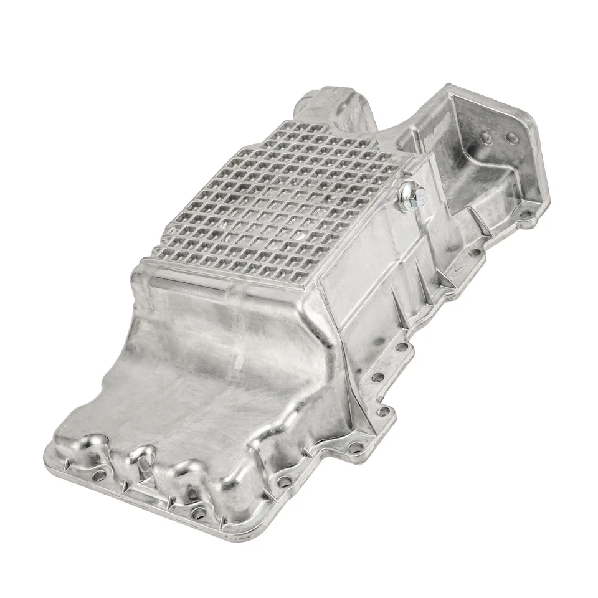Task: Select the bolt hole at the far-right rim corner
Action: (x=528, y=217)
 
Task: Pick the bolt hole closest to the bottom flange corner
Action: (x=200, y=513)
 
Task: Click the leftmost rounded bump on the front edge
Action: (x=93, y=444)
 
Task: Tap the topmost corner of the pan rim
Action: (x=447, y=87)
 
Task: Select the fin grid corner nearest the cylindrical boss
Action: (x=284, y=124)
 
